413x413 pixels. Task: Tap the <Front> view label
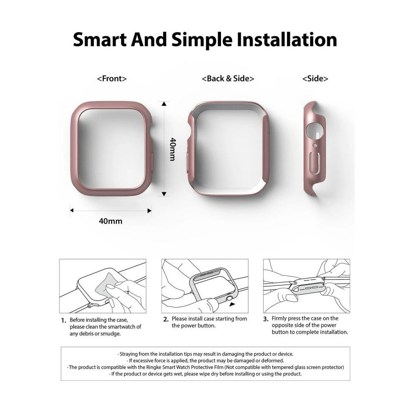pyautogui.click(x=112, y=78)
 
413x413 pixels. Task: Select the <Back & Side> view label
pyautogui.click(x=228, y=78)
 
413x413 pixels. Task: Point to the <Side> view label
pyautogui.click(x=315, y=78)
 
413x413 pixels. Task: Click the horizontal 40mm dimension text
pyautogui.click(x=111, y=221)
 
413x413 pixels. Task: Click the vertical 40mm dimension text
pyautogui.click(x=173, y=149)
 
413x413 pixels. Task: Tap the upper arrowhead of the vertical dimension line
pyautogui.click(x=164, y=104)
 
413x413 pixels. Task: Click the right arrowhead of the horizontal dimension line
pyautogui.click(x=150, y=211)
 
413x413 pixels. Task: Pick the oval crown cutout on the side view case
pyautogui.click(x=315, y=131)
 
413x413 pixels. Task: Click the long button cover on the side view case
pyautogui.click(x=315, y=162)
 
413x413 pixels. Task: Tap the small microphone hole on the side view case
pyautogui.click(x=314, y=145)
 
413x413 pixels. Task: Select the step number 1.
pyautogui.click(x=64, y=320)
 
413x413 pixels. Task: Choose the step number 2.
pyautogui.click(x=166, y=320)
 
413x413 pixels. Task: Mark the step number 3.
pyautogui.click(x=266, y=319)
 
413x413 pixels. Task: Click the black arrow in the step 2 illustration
pyautogui.click(x=232, y=304)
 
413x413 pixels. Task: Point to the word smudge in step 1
pyautogui.click(x=112, y=334)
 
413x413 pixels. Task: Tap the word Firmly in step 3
pyautogui.click(x=279, y=318)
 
